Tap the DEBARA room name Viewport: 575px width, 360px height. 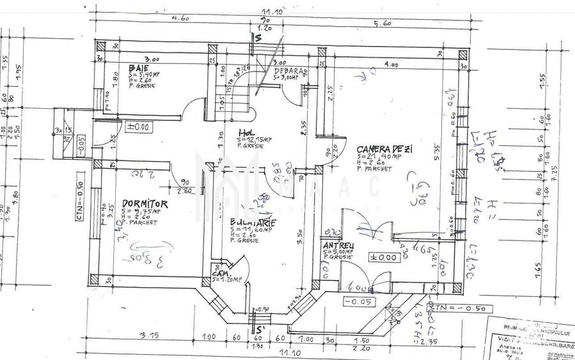pyautogui.click(x=292, y=71)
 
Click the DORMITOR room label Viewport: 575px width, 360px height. pyautogui.click(x=145, y=203)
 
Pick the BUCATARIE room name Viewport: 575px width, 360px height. pyautogui.click(x=253, y=223)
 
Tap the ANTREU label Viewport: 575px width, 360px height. pyautogui.click(x=338, y=245)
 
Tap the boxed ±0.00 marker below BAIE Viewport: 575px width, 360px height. pyautogui.click(x=138, y=127)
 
